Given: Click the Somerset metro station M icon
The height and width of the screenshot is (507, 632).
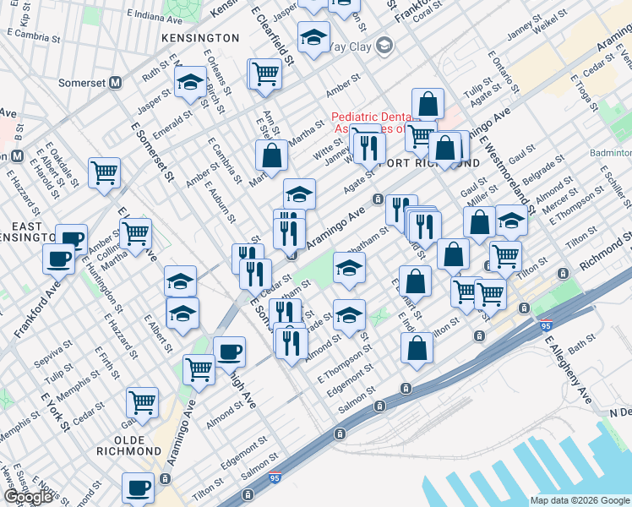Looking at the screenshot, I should [x=116, y=83].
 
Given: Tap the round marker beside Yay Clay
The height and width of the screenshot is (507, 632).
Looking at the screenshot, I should [x=384, y=45].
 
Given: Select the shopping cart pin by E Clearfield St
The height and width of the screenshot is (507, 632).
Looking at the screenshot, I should [x=265, y=74].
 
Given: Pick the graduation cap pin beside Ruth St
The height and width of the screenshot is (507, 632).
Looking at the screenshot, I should [x=190, y=83].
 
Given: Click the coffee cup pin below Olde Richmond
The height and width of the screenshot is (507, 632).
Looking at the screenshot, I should [x=139, y=488].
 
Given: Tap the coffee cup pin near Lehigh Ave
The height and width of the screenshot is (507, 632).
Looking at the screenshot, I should [x=229, y=351].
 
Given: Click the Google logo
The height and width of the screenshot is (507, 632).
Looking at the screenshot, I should [x=28, y=497].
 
